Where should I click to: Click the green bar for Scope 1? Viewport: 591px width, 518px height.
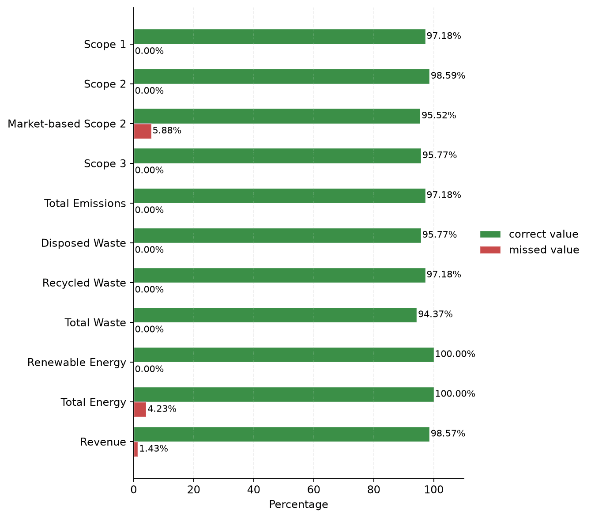point(279,37)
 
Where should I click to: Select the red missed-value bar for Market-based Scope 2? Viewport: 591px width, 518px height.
point(143,131)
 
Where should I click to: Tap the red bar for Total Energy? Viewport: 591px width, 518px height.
point(140,409)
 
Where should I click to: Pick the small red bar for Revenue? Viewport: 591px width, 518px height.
point(136,449)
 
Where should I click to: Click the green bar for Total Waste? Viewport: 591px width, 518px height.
point(275,315)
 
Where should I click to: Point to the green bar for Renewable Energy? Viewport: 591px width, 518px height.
point(284,355)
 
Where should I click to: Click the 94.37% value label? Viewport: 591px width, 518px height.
point(435,314)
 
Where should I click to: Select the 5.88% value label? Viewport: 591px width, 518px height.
point(167,130)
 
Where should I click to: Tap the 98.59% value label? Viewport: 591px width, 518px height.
point(448,76)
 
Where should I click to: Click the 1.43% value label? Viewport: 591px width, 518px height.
point(154,449)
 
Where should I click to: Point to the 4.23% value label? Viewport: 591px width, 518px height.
point(162,409)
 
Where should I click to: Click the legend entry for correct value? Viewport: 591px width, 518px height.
point(529,234)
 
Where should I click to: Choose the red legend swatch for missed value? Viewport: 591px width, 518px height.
point(490,250)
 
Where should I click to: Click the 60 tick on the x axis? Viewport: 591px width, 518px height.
point(313,489)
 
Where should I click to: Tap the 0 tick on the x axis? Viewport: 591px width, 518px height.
point(134,489)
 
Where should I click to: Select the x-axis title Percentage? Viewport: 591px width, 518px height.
point(298,504)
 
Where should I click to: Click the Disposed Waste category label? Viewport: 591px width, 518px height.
point(83,243)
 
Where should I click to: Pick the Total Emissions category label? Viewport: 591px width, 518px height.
point(85,204)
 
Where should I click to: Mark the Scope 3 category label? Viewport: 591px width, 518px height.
point(105,163)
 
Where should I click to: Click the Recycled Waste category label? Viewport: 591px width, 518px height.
point(84,283)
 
